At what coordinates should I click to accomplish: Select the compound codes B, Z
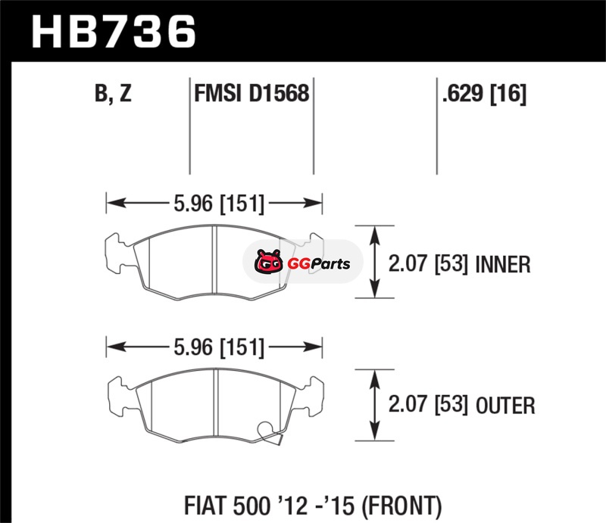(113, 94)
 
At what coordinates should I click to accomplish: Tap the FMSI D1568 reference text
(251, 94)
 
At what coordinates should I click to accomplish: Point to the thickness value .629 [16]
(484, 94)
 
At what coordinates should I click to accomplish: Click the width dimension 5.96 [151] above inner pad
(219, 203)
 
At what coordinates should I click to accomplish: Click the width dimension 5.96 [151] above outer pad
(219, 347)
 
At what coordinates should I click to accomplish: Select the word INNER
(503, 265)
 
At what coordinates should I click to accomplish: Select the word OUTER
(505, 406)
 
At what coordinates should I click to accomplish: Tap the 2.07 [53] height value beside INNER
(428, 265)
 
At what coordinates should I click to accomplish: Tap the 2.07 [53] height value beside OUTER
(428, 405)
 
